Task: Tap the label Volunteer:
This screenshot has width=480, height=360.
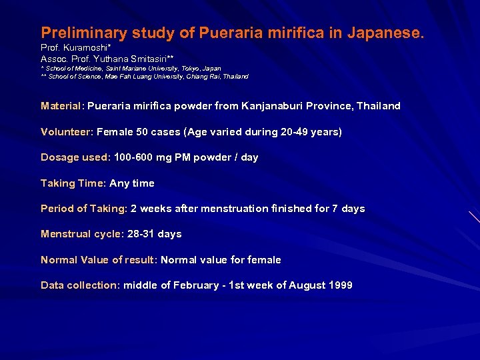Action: point(67,132)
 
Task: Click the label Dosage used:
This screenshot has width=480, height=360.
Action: point(75,157)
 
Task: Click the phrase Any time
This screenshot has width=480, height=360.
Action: point(132,183)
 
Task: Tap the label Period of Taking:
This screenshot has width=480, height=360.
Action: point(84,209)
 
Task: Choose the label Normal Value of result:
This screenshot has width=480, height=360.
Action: point(99,260)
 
